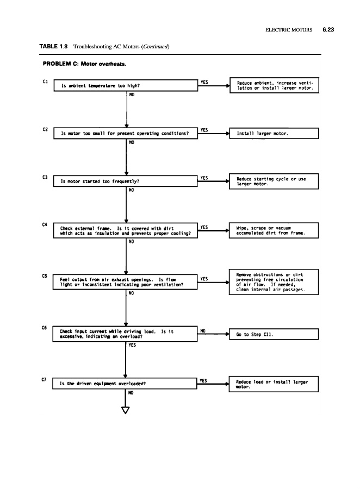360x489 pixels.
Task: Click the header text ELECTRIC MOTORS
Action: (x=289, y=30)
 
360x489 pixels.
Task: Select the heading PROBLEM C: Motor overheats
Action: (x=84, y=64)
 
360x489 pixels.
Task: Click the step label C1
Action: (x=46, y=82)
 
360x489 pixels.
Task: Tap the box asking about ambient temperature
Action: (x=125, y=85)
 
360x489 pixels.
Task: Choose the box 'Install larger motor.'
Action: (x=275, y=133)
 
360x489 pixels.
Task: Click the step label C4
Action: (x=46, y=225)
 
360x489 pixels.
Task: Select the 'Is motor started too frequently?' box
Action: (x=125, y=181)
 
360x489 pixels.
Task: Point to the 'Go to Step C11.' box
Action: (x=275, y=334)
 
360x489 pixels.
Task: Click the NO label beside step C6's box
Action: (x=202, y=330)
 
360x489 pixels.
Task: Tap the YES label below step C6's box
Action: (x=132, y=344)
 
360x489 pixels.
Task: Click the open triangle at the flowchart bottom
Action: (x=126, y=409)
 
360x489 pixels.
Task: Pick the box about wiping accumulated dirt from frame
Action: (x=275, y=230)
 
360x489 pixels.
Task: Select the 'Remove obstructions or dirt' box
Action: (x=275, y=282)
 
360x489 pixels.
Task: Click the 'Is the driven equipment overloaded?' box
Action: (x=125, y=383)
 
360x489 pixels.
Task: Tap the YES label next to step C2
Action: (x=204, y=130)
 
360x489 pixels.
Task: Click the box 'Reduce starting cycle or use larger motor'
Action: (x=275, y=181)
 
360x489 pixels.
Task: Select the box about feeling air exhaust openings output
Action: (x=125, y=282)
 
